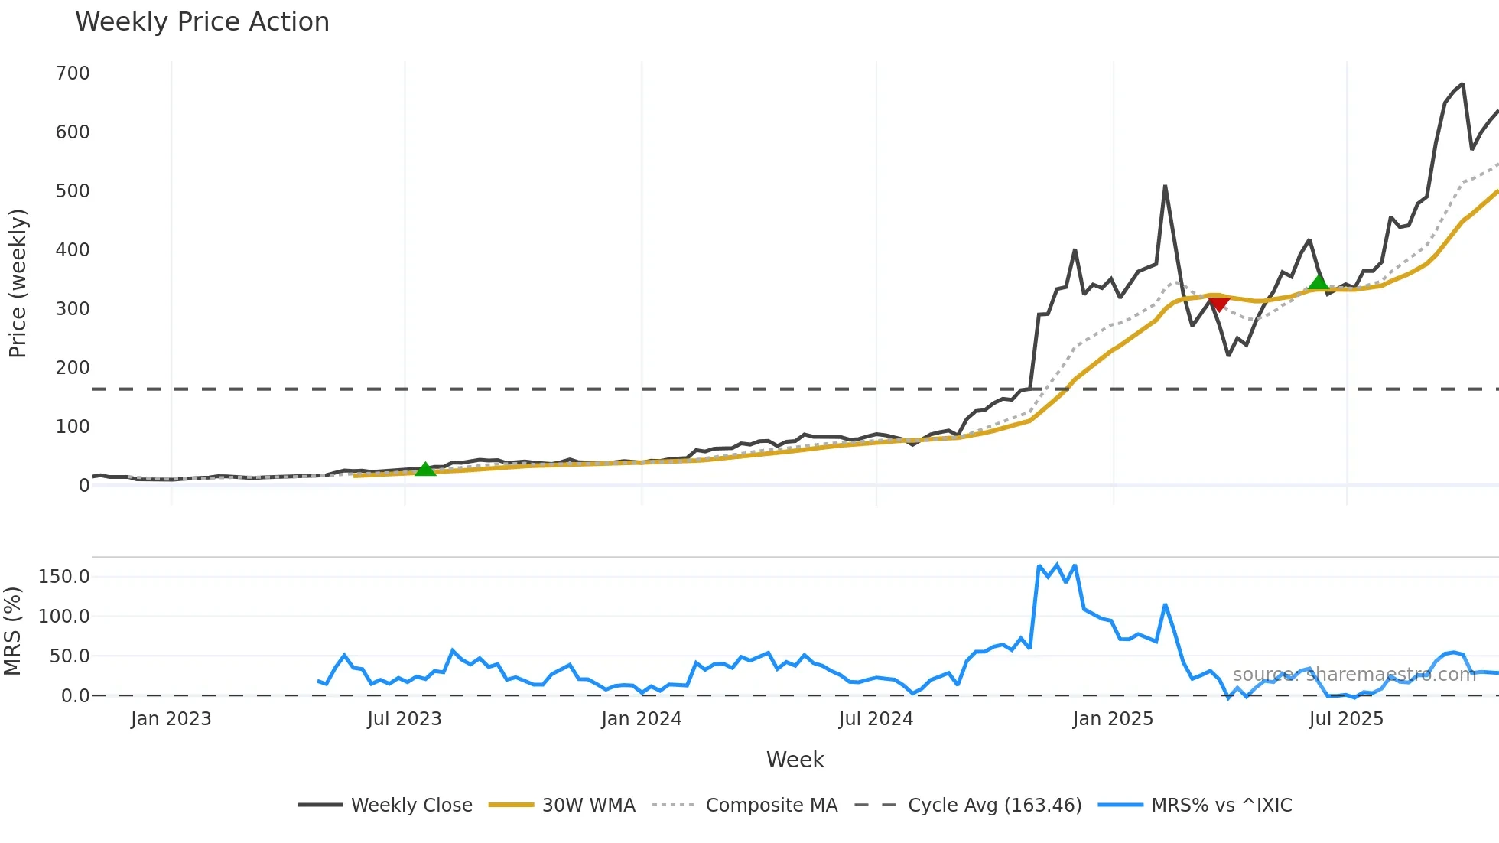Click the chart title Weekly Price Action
[x=202, y=22]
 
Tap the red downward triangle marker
[x=1219, y=304]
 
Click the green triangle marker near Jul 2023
[x=425, y=469]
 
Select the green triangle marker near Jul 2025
[x=1319, y=282]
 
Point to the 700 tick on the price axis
[x=73, y=73]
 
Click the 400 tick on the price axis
[x=73, y=250]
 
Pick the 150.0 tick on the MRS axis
[x=64, y=577]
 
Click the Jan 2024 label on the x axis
[x=641, y=719]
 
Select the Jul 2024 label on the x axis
[x=876, y=719]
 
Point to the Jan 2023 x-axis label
[x=171, y=719]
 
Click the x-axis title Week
[x=795, y=760]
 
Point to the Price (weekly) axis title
[x=18, y=283]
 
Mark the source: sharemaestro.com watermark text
[x=1354, y=675]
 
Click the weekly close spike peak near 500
[x=1165, y=187]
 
